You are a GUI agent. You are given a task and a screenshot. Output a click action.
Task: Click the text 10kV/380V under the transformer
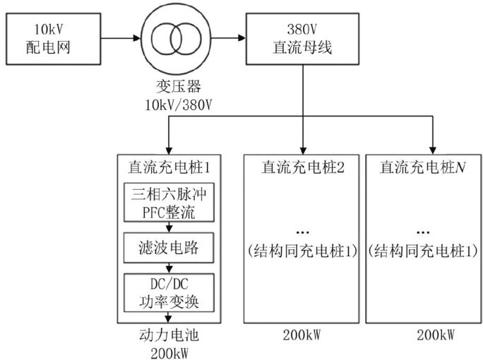tap(172, 105)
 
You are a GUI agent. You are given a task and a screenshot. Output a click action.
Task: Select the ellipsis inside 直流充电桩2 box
tap(302, 232)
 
